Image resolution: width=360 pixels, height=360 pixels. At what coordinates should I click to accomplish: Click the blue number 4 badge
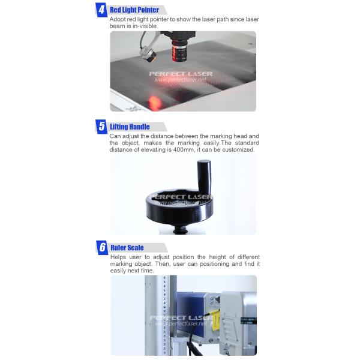coord(101,10)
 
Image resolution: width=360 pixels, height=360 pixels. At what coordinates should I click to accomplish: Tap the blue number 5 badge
coord(101,127)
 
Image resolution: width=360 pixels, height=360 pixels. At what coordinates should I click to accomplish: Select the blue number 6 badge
coord(102,247)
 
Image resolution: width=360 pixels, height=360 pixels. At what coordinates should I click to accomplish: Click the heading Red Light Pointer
coord(134,10)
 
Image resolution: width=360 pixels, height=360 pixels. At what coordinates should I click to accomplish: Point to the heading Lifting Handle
coord(130,127)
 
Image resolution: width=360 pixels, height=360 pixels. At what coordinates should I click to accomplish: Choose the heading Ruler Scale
coord(127,247)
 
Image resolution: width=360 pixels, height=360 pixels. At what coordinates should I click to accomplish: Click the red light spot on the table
coord(155,103)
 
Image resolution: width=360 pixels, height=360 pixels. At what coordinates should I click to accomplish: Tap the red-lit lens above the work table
coord(179,51)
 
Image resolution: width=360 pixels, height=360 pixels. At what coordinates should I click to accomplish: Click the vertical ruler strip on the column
coord(165,315)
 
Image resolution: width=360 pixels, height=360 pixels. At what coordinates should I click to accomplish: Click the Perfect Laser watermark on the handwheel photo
coord(180,200)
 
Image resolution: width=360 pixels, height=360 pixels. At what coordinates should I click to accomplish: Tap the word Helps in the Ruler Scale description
coord(118,257)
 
